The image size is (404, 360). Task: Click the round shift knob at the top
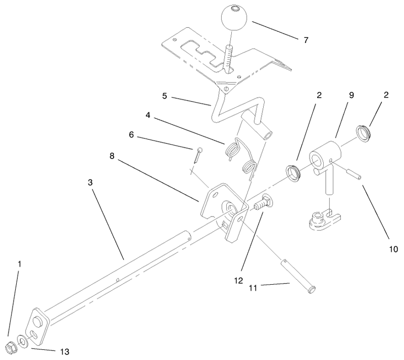[234, 18]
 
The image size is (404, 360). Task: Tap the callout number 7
[306, 40]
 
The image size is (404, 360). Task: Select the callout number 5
[165, 96]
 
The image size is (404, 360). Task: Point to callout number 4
[148, 115]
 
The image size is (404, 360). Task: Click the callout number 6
[131, 134]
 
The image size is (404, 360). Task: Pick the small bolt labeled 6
[198, 155]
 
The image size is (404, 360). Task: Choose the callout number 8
[112, 156]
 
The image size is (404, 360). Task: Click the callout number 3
[90, 183]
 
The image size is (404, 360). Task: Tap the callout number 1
[19, 264]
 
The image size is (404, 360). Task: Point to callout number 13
[65, 351]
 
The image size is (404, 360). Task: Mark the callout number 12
[238, 281]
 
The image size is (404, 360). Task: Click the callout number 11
[253, 288]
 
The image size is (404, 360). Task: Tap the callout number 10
[393, 249]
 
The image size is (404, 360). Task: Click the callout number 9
[351, 95]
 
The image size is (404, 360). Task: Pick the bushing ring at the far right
[363, 133]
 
